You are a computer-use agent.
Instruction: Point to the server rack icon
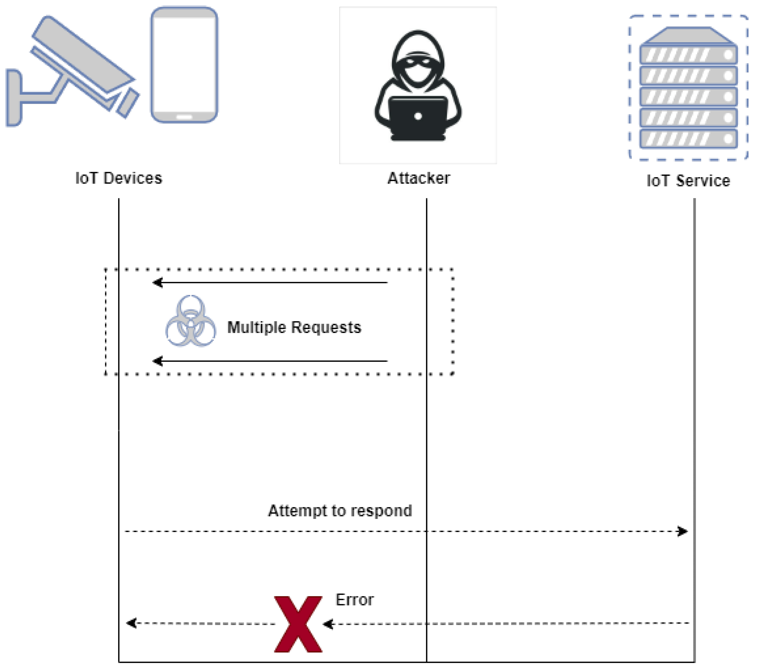click(x=688, y=89)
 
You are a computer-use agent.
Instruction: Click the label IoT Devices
click(x=119, y=178)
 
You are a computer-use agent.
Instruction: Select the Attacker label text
click(x=418, y=178)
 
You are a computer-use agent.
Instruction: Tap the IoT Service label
click(x=688, y=181)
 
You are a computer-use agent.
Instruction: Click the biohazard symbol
click(x=191, y=321)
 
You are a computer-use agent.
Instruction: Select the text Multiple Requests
click(x=294, y=327)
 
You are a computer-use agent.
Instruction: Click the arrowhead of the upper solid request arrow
click(x=157, y=283)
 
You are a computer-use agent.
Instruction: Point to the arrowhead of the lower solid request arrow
click(x=157, y=361)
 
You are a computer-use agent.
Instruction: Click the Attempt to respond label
click(x=340, y=511)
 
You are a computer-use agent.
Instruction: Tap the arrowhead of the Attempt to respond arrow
click(x=682, y=531)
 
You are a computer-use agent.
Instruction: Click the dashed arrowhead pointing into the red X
click(x=327, y=624)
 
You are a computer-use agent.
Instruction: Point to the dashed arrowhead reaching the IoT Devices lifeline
click(x=131, y=623)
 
